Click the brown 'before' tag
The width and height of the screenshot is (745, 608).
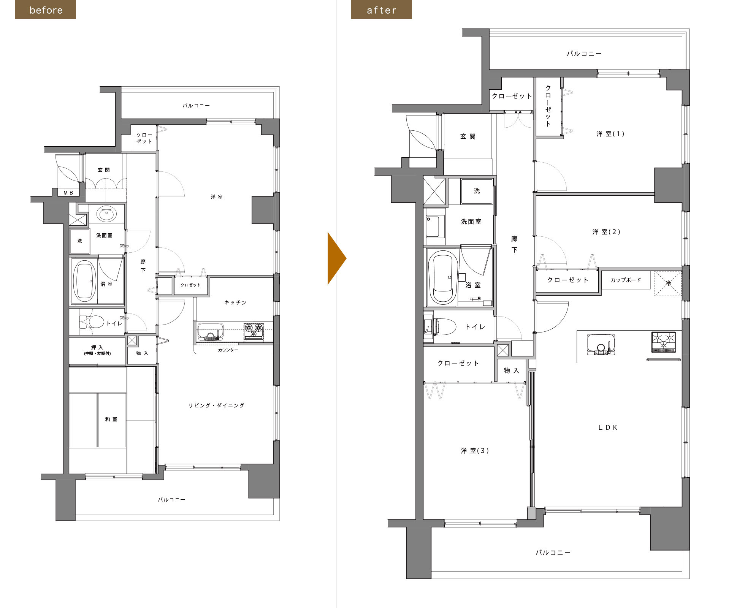[46, 9]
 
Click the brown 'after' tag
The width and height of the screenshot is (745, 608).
[382, 9]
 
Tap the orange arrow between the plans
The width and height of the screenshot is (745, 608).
[337, 258]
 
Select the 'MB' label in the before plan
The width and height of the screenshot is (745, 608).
[68, 193]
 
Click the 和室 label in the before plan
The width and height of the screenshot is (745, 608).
[111, 419]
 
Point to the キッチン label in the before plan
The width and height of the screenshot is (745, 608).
[235, 302]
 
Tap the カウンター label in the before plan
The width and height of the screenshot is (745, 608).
[228, 350]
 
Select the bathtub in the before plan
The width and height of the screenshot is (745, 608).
[84, 281]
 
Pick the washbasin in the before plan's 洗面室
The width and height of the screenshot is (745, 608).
[106, 214]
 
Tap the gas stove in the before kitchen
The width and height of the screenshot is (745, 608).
[254, 331]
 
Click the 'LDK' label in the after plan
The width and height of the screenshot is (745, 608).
[608, 427]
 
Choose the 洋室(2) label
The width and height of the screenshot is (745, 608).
[606, 232]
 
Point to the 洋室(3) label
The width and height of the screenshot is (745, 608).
[475, 451]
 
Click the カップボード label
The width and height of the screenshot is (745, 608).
[626, 280]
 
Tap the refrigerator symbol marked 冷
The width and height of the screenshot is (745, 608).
[668, 283]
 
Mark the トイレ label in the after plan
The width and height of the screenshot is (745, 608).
[475, 327]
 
